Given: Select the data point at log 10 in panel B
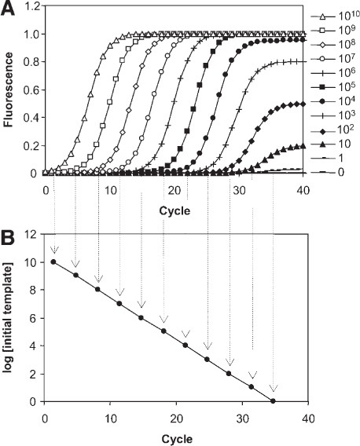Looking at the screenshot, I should click(x=53, y=261).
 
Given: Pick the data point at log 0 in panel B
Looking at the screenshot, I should click(x=274, y=401).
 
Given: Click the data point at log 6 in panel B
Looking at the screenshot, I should click(x=141, y=317).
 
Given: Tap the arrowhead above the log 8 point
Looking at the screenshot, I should click(x=98, y=279).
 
